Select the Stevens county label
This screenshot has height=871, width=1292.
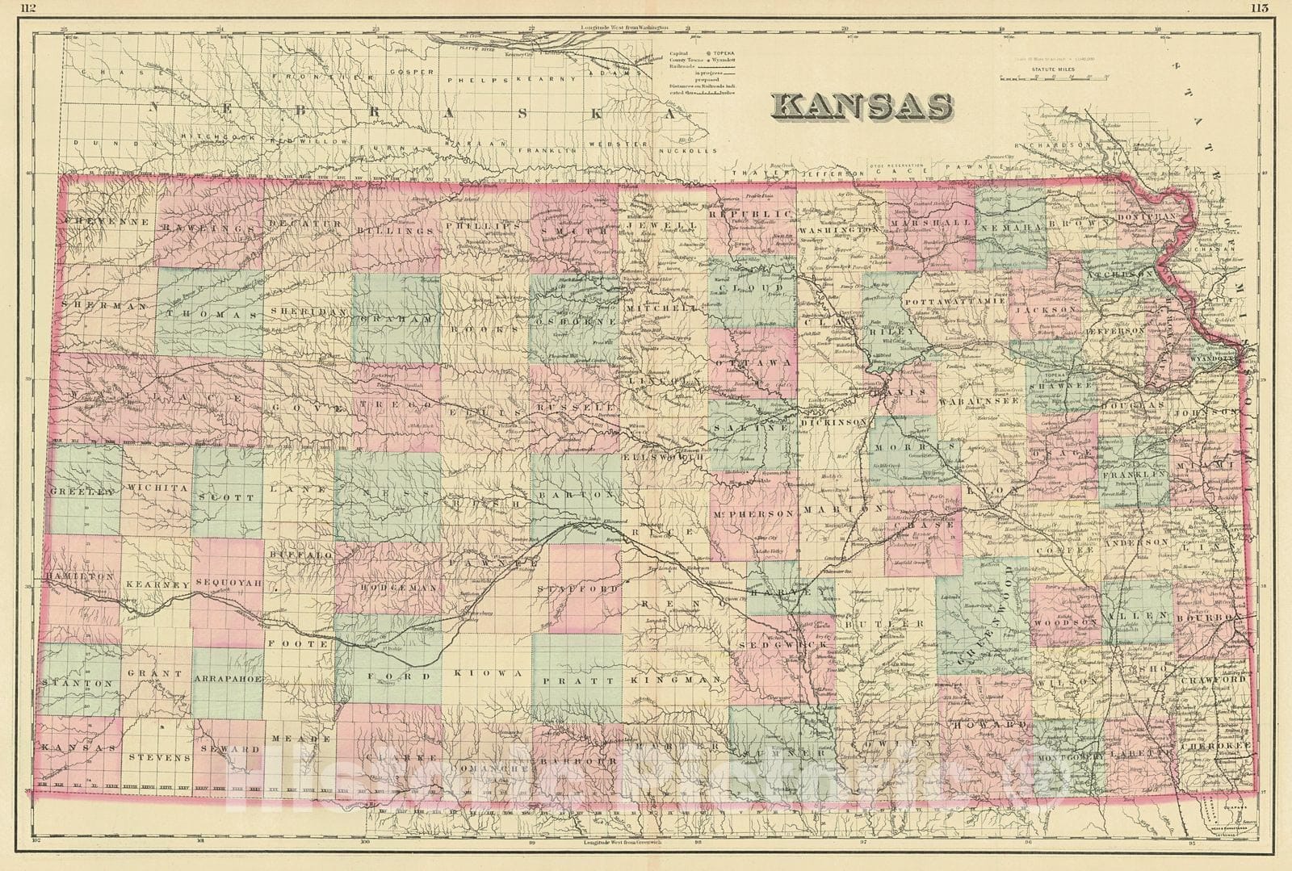(157, 758)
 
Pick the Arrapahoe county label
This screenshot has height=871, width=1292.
(229, 679)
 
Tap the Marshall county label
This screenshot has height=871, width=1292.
(929, 222)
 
